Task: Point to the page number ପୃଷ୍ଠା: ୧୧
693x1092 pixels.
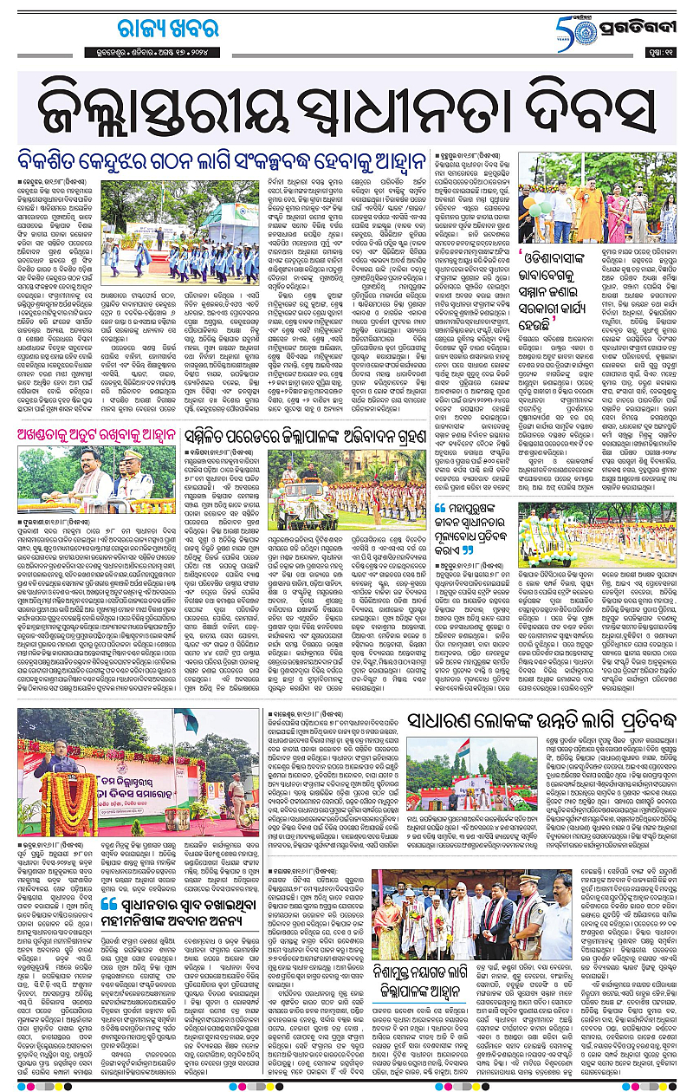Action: click(x=660, y=50)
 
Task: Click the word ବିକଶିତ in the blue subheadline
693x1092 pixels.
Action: click(x=61, y=162)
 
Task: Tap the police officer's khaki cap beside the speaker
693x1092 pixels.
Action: click(x=120, y=459)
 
